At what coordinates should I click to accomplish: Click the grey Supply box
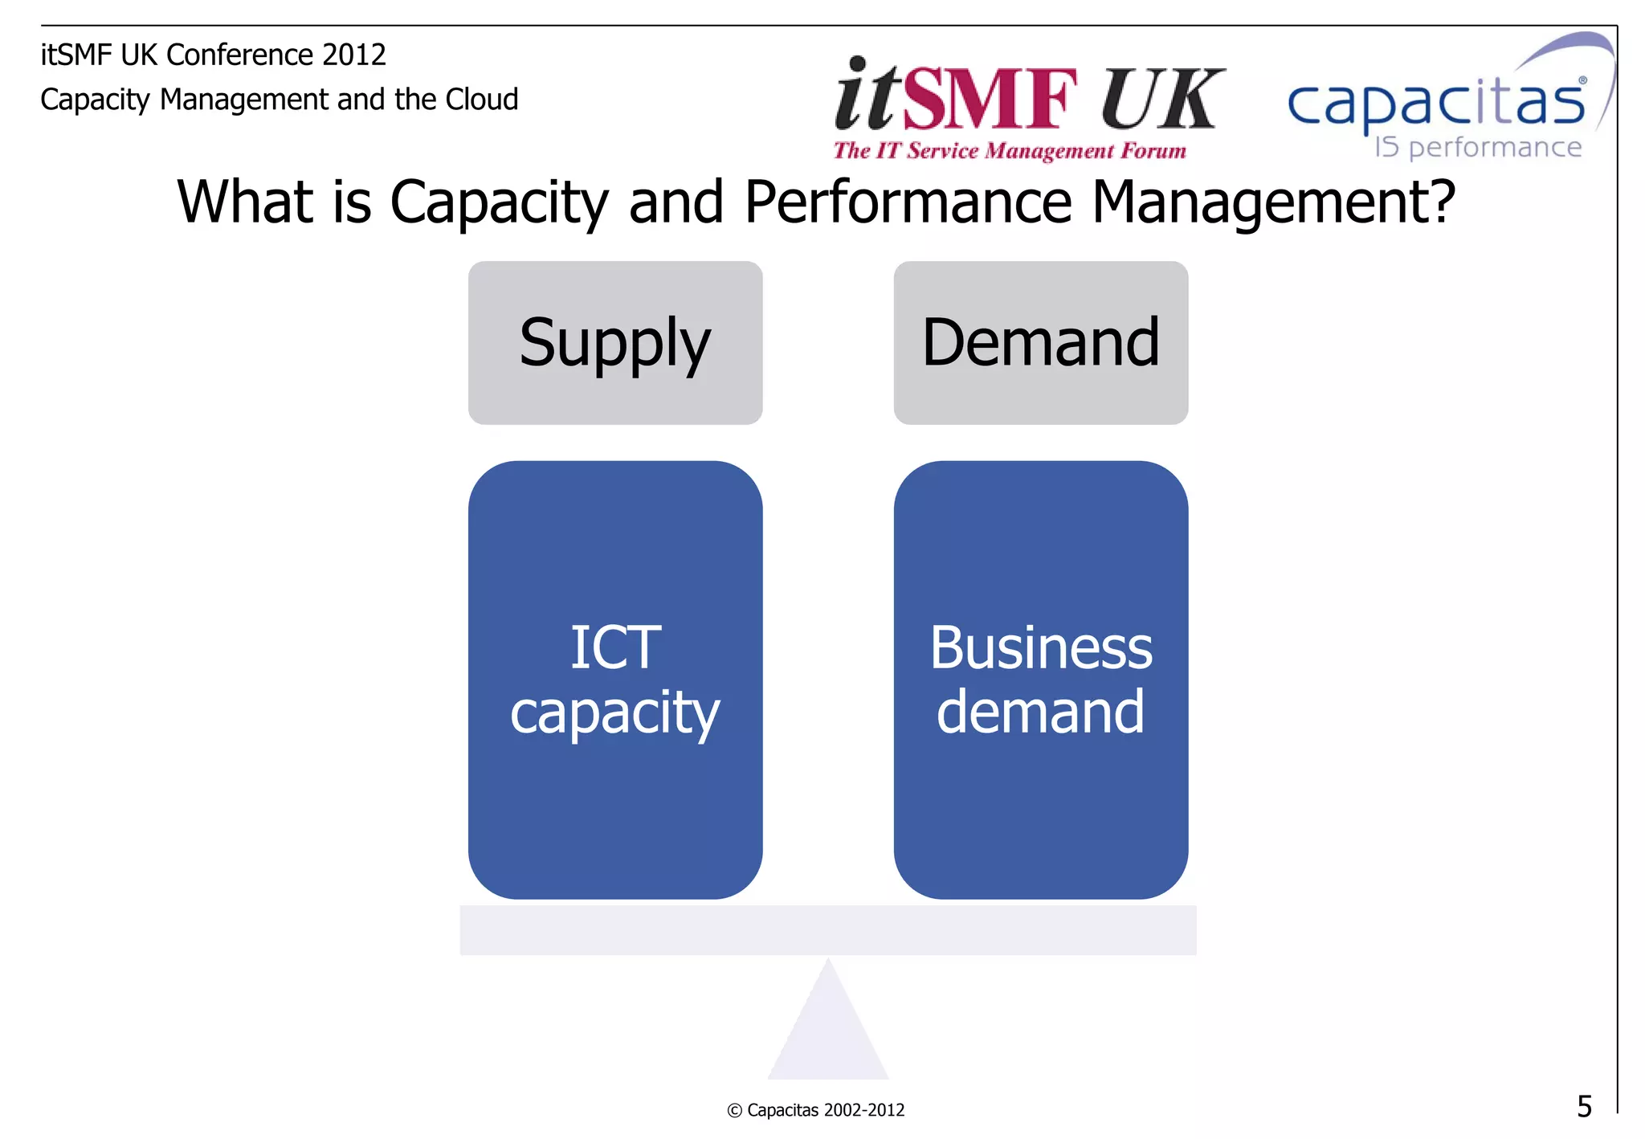(x=615, y=343)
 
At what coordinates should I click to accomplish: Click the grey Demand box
(x=1040, y=343)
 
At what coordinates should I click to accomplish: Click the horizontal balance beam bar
(x=828, y=930)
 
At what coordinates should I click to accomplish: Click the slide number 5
(x=1584, y=1107)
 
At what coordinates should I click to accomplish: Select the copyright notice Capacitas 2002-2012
(x=816, y=1110)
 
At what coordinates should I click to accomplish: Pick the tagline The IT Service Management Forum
(x=1010, y=151)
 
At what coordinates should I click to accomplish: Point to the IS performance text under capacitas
(x=1478, y=148)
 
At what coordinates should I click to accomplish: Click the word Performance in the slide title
(x=908, y=202)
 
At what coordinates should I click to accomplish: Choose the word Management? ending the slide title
(x=1273, y=202)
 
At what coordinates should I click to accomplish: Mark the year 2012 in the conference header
(x=353, y=55)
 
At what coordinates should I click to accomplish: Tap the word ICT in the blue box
(x=615, y=647)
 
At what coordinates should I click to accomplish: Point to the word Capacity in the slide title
(x=499, y=203)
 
